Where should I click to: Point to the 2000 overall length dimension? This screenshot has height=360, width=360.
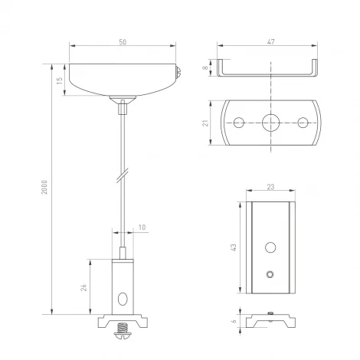coord(46,188)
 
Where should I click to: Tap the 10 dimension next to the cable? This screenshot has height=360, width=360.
coord(142,227)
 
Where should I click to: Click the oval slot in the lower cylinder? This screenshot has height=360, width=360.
coord(123,298)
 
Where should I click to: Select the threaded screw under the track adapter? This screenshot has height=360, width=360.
coord(123,334)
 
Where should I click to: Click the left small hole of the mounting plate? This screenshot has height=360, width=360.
coord(239,122)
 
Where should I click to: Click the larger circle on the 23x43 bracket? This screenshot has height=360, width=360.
coord(269,247)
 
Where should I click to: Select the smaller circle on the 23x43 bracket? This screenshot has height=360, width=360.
coord(269,273)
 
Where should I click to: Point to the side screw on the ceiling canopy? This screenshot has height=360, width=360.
coord(179,74)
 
